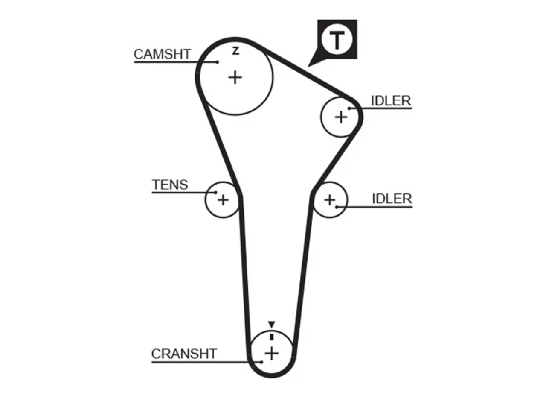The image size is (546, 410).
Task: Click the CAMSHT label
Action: tap(162, 54)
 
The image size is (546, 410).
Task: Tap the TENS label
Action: tap(170, 184)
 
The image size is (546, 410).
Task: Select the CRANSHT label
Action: tap(184, 354)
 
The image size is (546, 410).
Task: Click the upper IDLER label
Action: tap(391, 101)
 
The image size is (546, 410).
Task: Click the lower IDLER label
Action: tap(392, 199)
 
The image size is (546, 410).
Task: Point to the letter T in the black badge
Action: tap(337, 40)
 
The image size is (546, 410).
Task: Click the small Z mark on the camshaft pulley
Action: tap(235, 51)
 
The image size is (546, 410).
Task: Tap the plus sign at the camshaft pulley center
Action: tap(235, 78)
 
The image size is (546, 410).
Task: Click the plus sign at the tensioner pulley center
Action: tap(223, 200)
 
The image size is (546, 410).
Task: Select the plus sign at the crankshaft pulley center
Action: tap(272, 354)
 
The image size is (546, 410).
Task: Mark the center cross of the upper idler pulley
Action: tap(341, 117)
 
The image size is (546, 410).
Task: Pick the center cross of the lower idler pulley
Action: tap(330, 200)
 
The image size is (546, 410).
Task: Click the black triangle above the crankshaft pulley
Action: tap(272, 324)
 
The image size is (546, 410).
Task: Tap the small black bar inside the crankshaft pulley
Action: tap(272, 337)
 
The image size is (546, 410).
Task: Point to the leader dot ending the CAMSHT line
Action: tap(217, 62)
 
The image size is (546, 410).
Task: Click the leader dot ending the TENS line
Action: tap(215, 193)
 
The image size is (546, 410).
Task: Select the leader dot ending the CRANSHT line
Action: tap(261, 362)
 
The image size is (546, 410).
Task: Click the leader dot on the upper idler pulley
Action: tap(349, 108)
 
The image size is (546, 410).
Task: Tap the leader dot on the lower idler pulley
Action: tap(337, 207)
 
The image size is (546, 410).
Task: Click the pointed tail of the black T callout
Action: tap(308, 67)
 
